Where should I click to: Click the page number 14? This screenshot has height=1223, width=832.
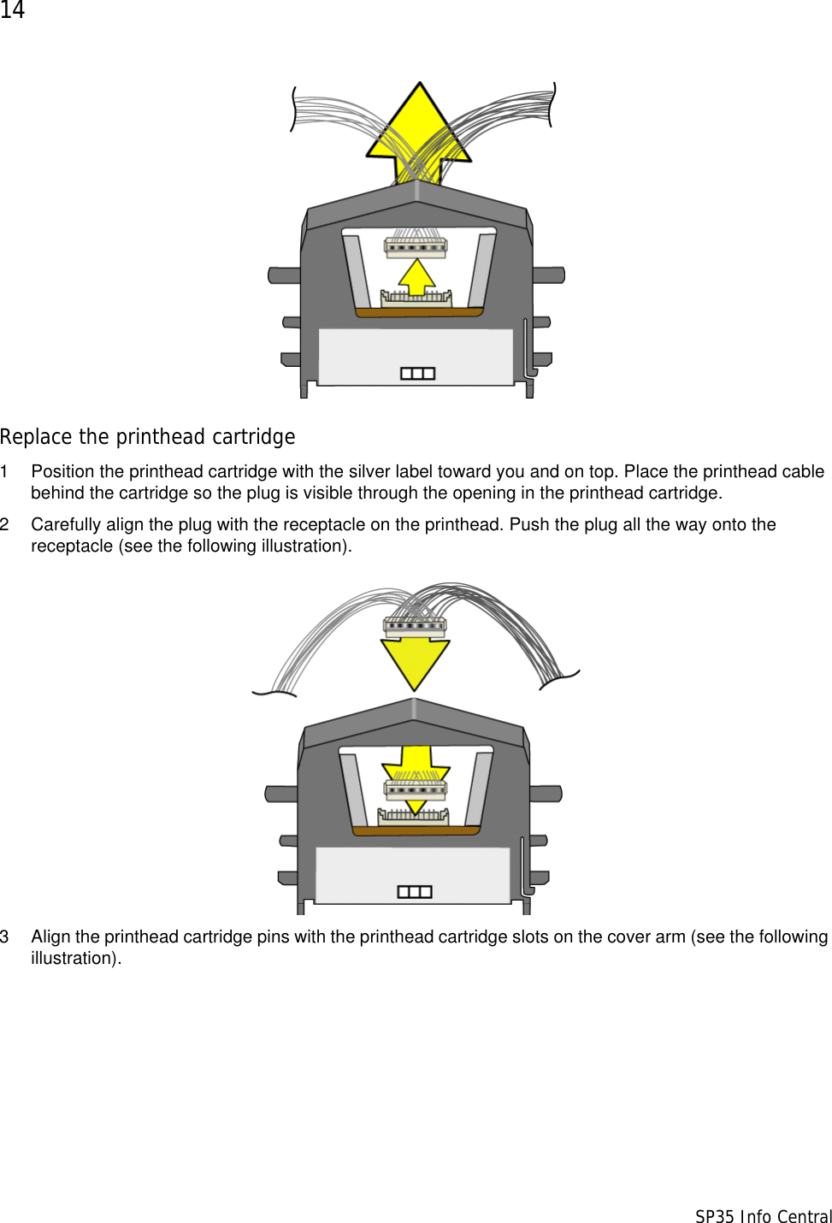12,10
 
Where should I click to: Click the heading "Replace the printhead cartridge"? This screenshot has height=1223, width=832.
147,437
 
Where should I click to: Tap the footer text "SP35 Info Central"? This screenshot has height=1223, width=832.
763,1216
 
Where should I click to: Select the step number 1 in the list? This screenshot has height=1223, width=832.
5,471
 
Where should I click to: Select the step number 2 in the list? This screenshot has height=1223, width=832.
5,524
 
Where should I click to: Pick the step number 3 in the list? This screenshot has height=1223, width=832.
5,936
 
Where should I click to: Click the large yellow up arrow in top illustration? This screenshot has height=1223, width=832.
419,128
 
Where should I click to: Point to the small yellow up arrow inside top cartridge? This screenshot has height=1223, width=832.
416,275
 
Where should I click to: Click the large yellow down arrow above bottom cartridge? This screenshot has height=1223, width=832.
415,663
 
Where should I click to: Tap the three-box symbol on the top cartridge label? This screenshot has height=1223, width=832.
417,374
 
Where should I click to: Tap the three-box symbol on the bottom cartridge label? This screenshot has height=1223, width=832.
415,892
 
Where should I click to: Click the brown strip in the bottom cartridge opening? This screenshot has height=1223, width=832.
416,830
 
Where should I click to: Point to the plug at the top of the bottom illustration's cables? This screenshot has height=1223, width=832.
415,626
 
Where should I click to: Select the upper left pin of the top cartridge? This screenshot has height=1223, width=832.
284,275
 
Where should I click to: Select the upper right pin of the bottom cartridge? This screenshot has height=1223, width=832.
546,794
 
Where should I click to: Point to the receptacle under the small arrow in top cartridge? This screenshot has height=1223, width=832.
416,298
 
